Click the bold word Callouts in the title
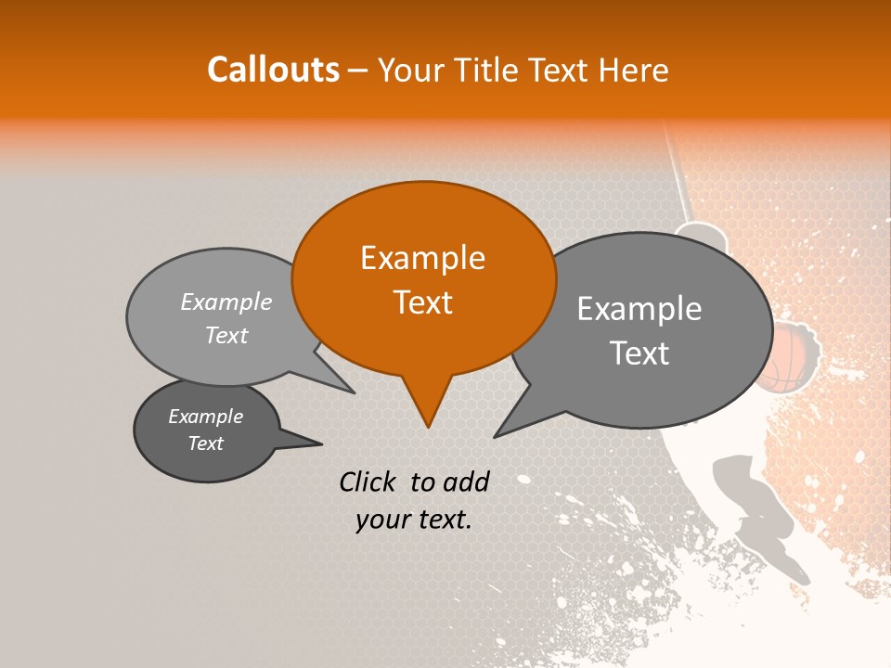pos(273,70)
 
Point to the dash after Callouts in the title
pos(358,71)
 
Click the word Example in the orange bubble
pos(422,258)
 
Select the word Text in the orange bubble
pos(422,302)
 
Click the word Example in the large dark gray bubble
pos(639,309)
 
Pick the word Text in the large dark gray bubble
pos(639,353)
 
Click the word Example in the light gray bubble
pos(226,302)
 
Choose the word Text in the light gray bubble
pos(226,335)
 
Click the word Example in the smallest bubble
pos(205,417)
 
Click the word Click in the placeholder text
pos(369,482)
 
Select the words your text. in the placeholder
pos(413,520)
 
